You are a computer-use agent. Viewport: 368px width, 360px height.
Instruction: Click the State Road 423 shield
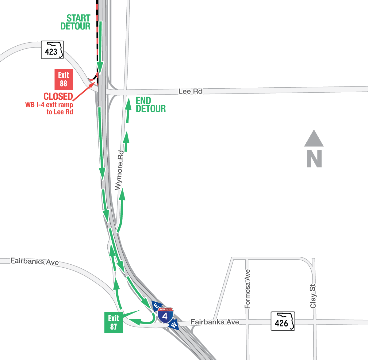52,50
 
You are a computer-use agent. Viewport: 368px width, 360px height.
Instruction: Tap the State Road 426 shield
283,321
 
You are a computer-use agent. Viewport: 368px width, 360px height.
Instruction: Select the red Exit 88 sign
63,79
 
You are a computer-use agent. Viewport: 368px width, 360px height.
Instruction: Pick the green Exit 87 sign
113,323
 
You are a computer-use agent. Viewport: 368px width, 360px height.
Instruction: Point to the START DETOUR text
76,22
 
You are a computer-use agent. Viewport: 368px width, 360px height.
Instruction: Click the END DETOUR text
150,105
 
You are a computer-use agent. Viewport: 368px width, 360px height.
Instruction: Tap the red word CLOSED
58,97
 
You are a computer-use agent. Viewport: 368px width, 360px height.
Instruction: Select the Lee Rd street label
190,91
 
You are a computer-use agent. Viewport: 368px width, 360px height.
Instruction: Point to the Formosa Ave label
247,289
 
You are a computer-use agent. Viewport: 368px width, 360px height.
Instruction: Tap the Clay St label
313,296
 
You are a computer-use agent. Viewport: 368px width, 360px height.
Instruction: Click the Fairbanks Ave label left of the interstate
34,262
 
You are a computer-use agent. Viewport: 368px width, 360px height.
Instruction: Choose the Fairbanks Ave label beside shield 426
215,322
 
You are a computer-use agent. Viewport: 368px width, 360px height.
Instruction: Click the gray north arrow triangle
314,139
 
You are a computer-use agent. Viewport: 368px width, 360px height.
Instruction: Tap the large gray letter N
314,159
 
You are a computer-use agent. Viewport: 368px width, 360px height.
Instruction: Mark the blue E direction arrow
155,305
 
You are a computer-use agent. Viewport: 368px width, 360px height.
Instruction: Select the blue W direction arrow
174,325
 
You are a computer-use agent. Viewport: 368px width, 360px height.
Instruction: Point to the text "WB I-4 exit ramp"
49,105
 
